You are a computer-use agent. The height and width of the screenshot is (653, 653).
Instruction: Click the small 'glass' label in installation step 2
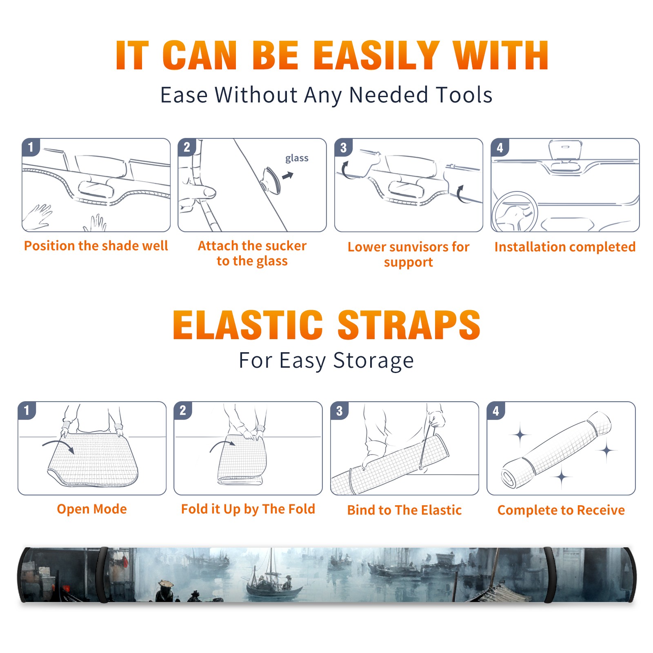[x=297, y=158]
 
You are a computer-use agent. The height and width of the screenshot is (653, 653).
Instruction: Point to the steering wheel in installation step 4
[x=515, y=211]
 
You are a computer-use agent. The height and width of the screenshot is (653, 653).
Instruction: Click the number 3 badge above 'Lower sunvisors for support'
[x=343, y=147]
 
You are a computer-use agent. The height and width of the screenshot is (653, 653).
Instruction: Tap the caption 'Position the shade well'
[x=96, y=246]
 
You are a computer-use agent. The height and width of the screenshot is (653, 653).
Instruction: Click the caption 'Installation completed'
[x=565, y=247]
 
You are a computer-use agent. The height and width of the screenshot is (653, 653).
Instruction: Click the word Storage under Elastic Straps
[x=373, y=361]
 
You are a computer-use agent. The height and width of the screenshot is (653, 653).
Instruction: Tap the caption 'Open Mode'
[x=92, y=509]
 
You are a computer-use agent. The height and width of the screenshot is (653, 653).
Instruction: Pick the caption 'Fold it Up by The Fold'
[x=248, y=509]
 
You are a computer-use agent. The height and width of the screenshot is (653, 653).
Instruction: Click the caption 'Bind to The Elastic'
[x=404, y=510]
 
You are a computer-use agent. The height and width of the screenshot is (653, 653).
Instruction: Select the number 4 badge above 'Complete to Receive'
[x=496, y=411]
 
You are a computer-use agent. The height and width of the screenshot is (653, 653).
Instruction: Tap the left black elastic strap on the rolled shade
[x=102, y=575]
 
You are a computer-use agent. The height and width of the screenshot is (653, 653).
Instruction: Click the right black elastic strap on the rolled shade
[x=550, y=575]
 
